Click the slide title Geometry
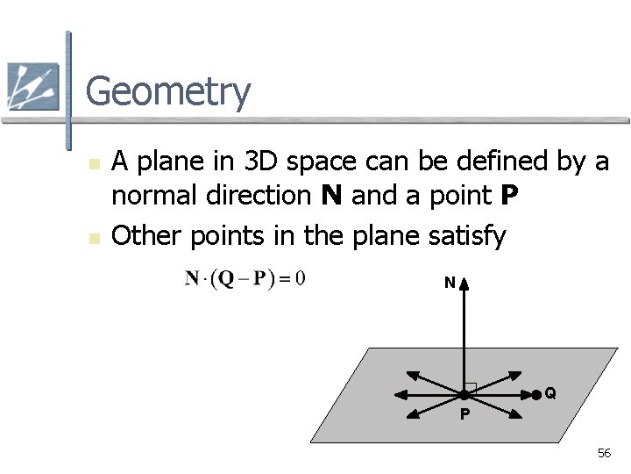coord(168,92)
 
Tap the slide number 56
coord(604,453)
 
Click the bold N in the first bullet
coord(330,197)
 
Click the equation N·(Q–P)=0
coord(245,280)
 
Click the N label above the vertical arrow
coord(449,284)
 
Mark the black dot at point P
coord(464,396)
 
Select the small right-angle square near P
coord(471,388)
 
